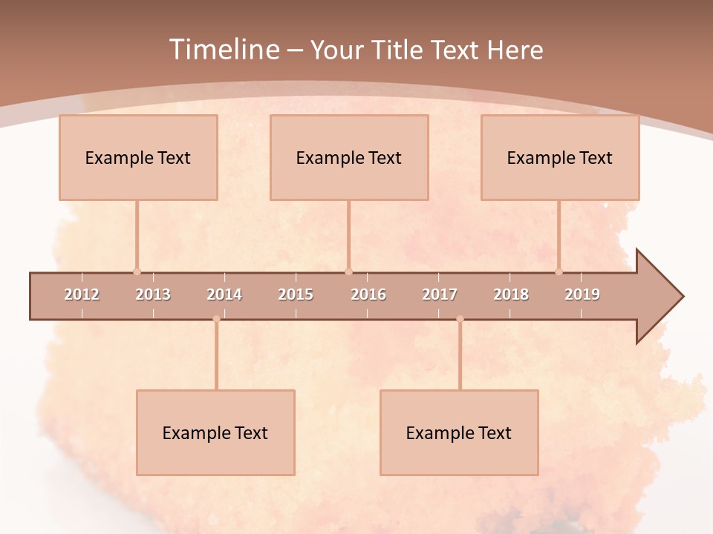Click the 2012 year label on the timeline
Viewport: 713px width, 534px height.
82,294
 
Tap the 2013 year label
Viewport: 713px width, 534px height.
153,294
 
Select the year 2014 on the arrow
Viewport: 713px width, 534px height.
224,294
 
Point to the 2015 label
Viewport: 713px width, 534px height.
296,294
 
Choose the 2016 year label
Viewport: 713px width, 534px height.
368,294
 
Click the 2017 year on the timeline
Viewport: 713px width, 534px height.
440,294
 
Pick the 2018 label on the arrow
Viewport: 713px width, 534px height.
511,294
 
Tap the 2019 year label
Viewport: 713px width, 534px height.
582,294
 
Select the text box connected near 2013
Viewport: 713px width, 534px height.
138,157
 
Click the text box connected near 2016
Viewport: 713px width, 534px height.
349,157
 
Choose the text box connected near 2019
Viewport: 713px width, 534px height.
560,157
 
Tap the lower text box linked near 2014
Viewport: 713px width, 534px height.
215,432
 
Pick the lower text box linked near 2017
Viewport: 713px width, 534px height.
459,432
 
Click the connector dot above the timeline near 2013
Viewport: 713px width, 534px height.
137,271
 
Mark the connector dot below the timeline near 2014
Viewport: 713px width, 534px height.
216,319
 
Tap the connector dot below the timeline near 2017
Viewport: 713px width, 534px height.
460,319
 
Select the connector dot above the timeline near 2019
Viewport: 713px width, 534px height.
559,271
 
